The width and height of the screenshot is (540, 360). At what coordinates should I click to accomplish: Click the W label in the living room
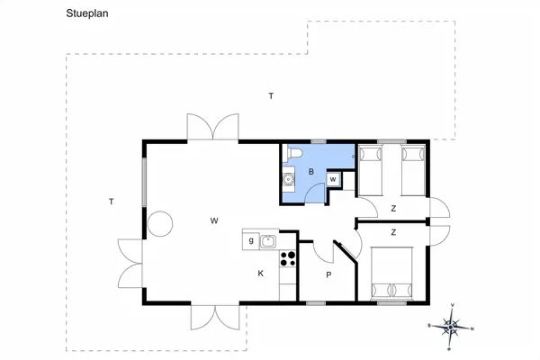pos(214,220)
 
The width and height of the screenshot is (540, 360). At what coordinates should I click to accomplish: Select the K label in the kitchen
pos(261,273)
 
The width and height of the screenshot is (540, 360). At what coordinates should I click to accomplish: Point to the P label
pos(328,275)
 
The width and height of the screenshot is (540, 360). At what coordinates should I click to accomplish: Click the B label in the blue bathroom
pos(311,171)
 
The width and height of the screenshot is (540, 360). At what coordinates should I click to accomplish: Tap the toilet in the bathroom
pos(291,157)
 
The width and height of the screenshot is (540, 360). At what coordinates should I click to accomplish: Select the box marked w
pos(333,179)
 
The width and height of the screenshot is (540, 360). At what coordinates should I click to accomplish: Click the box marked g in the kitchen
pos(250,240)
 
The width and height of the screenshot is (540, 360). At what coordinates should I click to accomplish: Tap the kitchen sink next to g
pos(268,240)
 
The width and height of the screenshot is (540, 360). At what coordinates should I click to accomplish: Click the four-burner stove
pos(289,259)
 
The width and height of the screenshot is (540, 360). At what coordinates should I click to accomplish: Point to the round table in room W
pos(161,223)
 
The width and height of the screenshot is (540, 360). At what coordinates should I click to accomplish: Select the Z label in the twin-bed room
pos(393,208)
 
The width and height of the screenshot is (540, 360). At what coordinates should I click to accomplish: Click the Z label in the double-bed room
pos(393,232)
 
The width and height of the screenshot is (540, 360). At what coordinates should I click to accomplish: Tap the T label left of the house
pos(111,201)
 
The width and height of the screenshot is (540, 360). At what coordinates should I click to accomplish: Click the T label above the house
pos(270,95)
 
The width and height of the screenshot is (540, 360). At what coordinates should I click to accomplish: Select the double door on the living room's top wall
pos(213,128)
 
